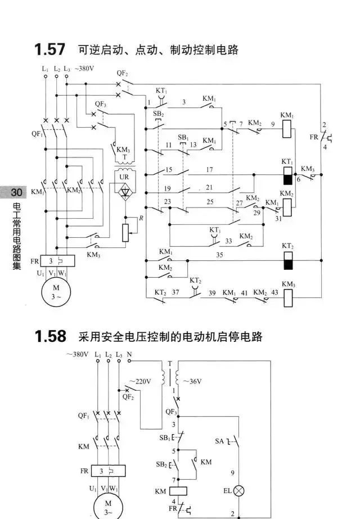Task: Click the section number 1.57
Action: tap(49, 50)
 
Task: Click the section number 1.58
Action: tap(49, 337)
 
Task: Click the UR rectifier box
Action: tap(124, 187)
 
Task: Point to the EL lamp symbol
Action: tap(240, 490)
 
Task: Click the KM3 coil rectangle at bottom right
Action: tap(288, 296)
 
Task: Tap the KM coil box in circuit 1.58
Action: tap(178, 491)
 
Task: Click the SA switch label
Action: tap(220, 442)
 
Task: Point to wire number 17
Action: tap(209, 169)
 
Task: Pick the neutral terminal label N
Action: tap(129, 355)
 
